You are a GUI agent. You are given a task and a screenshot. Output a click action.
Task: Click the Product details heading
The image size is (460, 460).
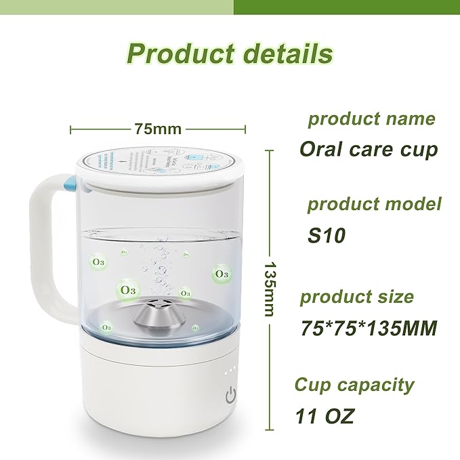click(230, 53)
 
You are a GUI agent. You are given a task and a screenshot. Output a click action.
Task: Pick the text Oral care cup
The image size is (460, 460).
click(369, 148)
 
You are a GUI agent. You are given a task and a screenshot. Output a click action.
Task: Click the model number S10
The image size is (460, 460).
click(326, 236)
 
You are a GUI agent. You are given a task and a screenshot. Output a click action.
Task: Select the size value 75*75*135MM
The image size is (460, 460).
click(369, 329)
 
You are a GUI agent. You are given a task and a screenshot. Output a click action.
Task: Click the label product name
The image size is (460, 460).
click(371, 119)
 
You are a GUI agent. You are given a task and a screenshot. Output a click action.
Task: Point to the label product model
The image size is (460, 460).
click(374, 204)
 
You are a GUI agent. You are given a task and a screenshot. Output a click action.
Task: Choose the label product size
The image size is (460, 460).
click(366, 297)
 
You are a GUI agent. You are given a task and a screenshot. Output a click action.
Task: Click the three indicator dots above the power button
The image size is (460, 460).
click(230, 371)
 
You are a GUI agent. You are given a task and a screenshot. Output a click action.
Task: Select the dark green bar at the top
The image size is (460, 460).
click(346, 7)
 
